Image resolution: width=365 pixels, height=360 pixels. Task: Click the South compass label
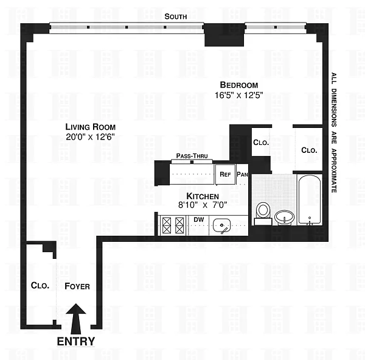[x=176, y=16]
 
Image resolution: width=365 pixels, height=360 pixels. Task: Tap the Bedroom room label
[x=239, y=85]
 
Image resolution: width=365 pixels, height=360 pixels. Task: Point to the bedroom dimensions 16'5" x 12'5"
[x=239, y=95]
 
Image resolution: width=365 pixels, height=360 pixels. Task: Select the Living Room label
[x=90, y=127]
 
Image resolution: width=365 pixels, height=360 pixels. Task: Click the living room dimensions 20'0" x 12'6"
[x=90, y=137]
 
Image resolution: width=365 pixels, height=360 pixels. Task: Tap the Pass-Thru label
[x=192, y=156]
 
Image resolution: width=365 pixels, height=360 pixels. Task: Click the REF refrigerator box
[x=225, y=174]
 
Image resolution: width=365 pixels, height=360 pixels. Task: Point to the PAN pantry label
[x=242, y=174]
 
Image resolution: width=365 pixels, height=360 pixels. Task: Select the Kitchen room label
[x=203, y=196]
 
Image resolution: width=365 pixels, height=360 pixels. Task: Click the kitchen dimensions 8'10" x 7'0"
[x=203, y=205]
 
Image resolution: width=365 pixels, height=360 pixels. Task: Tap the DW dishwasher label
[x=199, y=219]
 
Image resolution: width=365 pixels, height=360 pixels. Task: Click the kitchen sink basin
[x=221, y=226]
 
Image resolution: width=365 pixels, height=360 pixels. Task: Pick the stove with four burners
[x=173, y=225]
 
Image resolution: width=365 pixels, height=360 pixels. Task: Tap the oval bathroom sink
[x=284, y=217]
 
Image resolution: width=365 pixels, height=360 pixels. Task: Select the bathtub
[x=310, y=200]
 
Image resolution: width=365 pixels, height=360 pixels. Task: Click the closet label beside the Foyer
[x=40, y=286]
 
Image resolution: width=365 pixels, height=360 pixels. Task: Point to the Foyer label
[x=77, y=286]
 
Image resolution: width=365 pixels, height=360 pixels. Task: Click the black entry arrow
[x=76, y=319]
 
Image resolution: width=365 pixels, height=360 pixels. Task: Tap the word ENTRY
[x=76, y=342]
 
